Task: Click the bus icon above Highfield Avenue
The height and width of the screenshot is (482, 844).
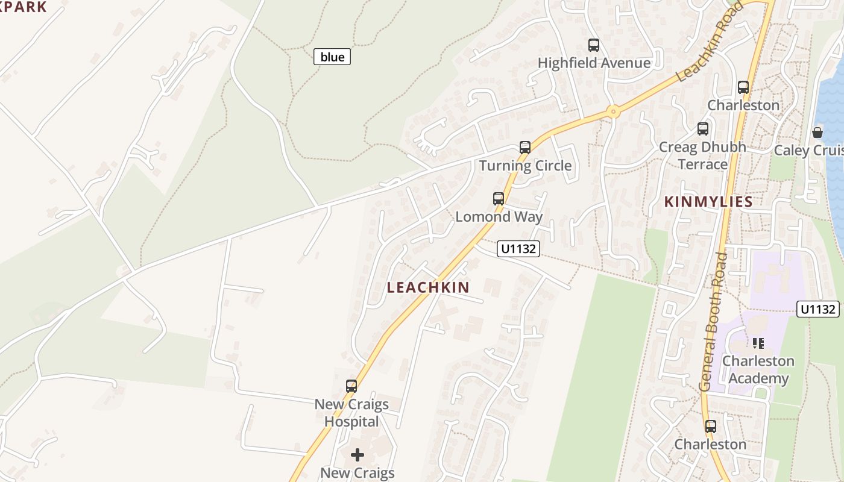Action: coord(594,45)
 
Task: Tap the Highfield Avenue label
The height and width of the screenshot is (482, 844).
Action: coord(594,63)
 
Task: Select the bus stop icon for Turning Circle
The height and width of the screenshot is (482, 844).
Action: coord(525,148)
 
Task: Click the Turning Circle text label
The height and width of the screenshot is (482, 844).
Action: coord(525,166)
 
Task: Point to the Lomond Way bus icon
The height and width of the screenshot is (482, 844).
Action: coord(499,199)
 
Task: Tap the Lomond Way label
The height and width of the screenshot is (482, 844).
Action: coord(499,217)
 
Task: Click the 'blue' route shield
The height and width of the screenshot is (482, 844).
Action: coord(332,57)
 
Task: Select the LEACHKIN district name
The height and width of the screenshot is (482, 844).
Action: coord(428,287)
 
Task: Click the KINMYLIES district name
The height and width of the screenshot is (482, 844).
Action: coord(708,202)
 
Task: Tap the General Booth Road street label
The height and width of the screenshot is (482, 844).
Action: coord(713,322)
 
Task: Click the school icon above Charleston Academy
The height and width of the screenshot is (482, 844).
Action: coord(758,343)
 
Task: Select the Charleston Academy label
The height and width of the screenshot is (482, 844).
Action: coord(758,369)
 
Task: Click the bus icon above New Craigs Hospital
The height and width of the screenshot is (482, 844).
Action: coord(351,386)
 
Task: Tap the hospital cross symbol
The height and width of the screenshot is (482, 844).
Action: coord(357,455)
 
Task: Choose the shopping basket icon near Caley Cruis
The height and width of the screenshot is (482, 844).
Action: coord(817,133)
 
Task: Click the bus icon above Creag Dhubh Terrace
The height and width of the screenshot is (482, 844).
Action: coord(703,129)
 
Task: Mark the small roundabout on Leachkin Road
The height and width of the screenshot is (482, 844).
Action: coord(614,111)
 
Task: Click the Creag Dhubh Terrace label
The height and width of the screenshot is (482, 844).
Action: coord(702,155)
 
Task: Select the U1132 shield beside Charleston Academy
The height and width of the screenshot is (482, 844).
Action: coord(818,309)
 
